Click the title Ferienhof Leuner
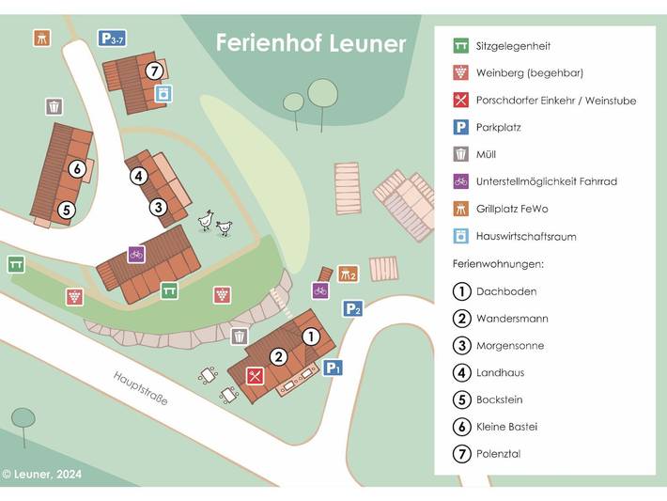point(311,43)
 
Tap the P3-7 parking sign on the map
point(112,39)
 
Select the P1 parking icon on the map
point(333,368)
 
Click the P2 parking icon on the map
point(352,308)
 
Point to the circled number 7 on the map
point(155,70)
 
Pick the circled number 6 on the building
point(77,169)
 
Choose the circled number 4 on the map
point(138,175)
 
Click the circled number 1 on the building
point(310,336)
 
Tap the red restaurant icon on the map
point(254,376)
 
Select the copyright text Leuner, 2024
point(42,475)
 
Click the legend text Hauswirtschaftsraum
point(526,236)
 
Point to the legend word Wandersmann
point(512,319)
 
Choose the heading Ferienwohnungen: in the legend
point(498,264)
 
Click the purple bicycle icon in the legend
point(460,181)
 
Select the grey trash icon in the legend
point(460,154)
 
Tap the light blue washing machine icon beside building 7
point(163,93)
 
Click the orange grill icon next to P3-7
point(41,39)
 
